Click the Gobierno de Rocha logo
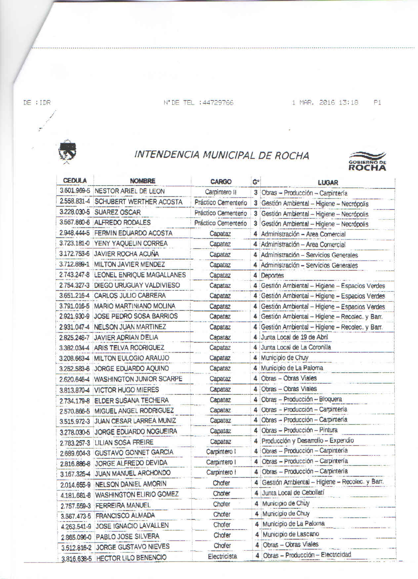pos(367,161)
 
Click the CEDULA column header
pos(75,180)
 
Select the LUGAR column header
pos(328,182)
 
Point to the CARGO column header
pos(221,181)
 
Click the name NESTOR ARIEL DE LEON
pos(129,191)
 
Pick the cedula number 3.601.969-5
pos(75,191)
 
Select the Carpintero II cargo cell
pos(221,192)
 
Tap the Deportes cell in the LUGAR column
pos(272,275)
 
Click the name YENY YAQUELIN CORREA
pos(131,243)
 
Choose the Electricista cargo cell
pos(222,556)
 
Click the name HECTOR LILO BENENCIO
pos(131,558)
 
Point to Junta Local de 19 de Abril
pos(294,337)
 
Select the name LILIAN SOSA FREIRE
pos(124,442)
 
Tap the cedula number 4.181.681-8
pos(75,495)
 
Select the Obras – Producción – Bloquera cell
pos(301,399)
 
